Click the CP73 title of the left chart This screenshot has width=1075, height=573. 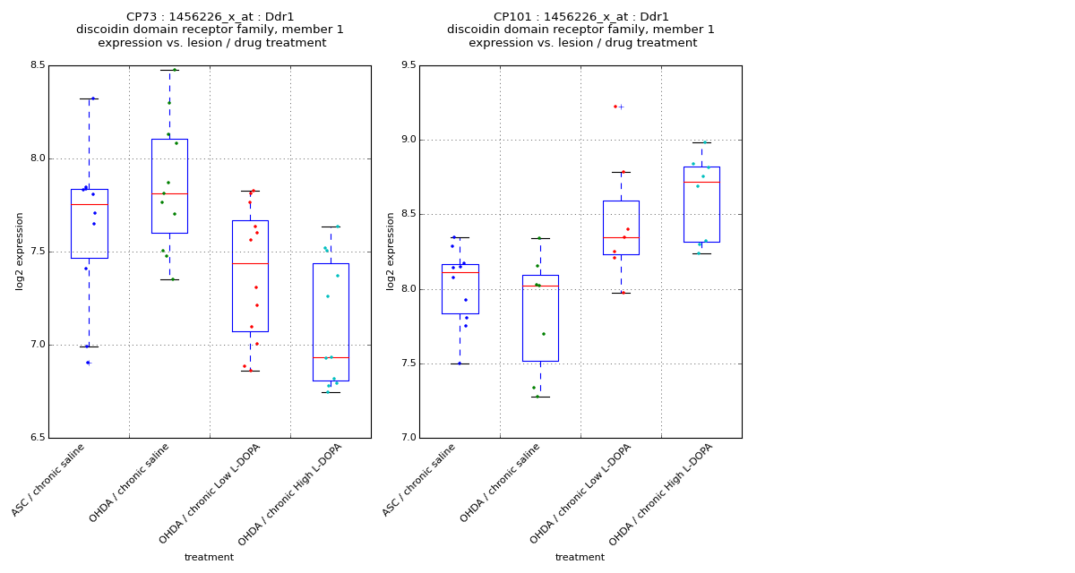pos(210,17)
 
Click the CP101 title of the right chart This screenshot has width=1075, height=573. pos(580,17)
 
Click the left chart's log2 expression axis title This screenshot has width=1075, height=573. pos(20,251)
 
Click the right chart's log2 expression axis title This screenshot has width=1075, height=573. pos(391,251)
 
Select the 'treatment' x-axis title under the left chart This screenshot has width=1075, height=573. pos(209,557)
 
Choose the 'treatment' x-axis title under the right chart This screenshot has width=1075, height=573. pos(580,557)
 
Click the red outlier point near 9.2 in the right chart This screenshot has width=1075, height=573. pos(615,107)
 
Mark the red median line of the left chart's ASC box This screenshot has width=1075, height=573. pos(89,204)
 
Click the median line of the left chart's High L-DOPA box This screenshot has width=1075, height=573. pos(331,357)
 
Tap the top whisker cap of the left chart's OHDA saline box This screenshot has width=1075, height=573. pos(169,70)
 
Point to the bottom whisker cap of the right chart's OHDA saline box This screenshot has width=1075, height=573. pos(540,397)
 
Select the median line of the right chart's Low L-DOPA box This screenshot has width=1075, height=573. pos(621,237)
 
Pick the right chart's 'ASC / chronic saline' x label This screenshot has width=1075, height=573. pos(420,479)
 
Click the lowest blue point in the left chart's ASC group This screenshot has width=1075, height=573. pos(88,363)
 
